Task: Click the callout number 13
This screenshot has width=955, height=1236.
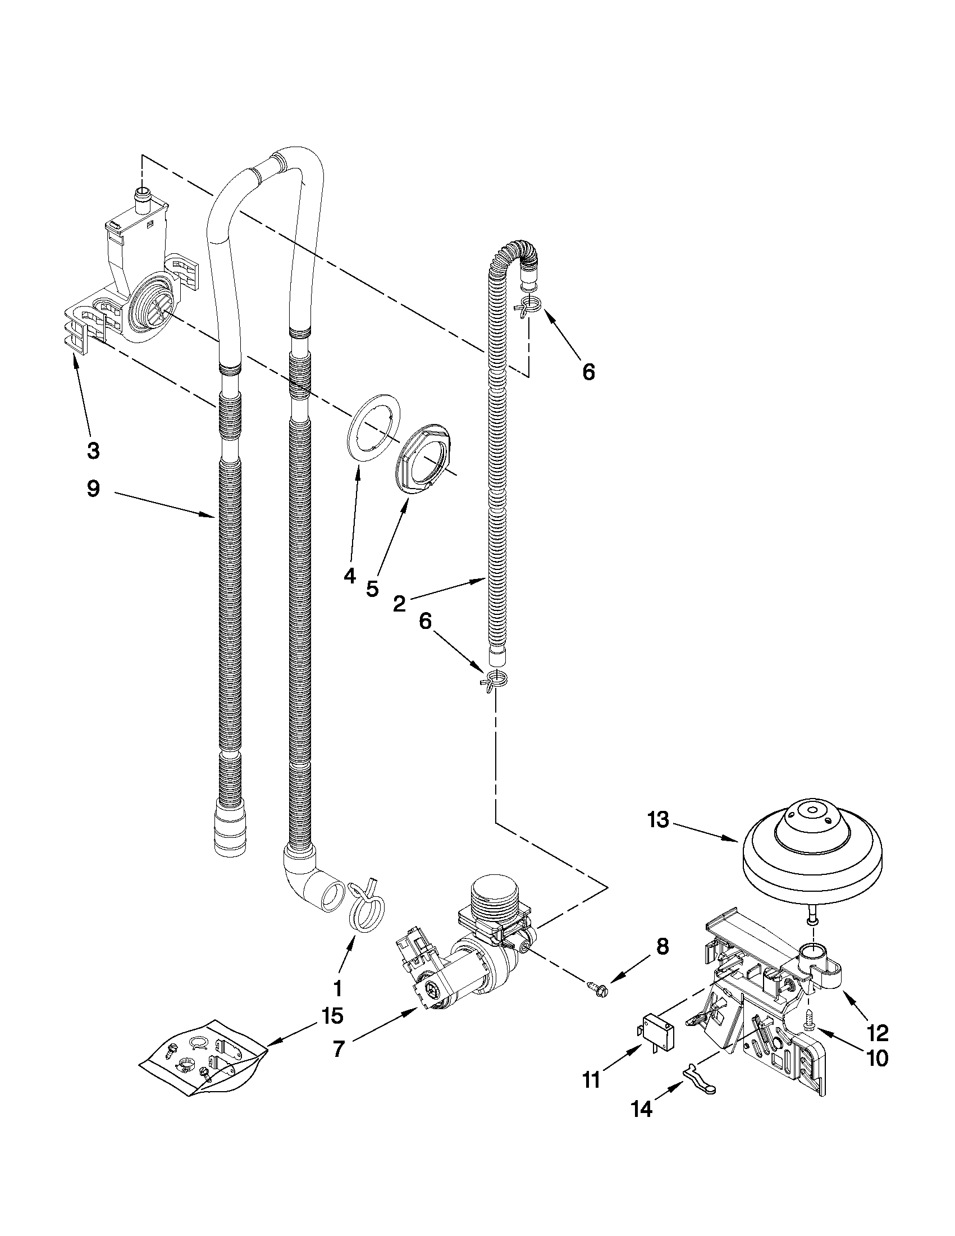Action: tap(659, 820)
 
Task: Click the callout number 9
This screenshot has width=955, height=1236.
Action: tap(93, 489)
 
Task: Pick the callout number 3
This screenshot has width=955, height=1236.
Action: tap(93, 451)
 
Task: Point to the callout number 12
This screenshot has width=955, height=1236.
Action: tap(878, 1033)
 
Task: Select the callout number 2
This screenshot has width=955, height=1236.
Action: tap(399, 604)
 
